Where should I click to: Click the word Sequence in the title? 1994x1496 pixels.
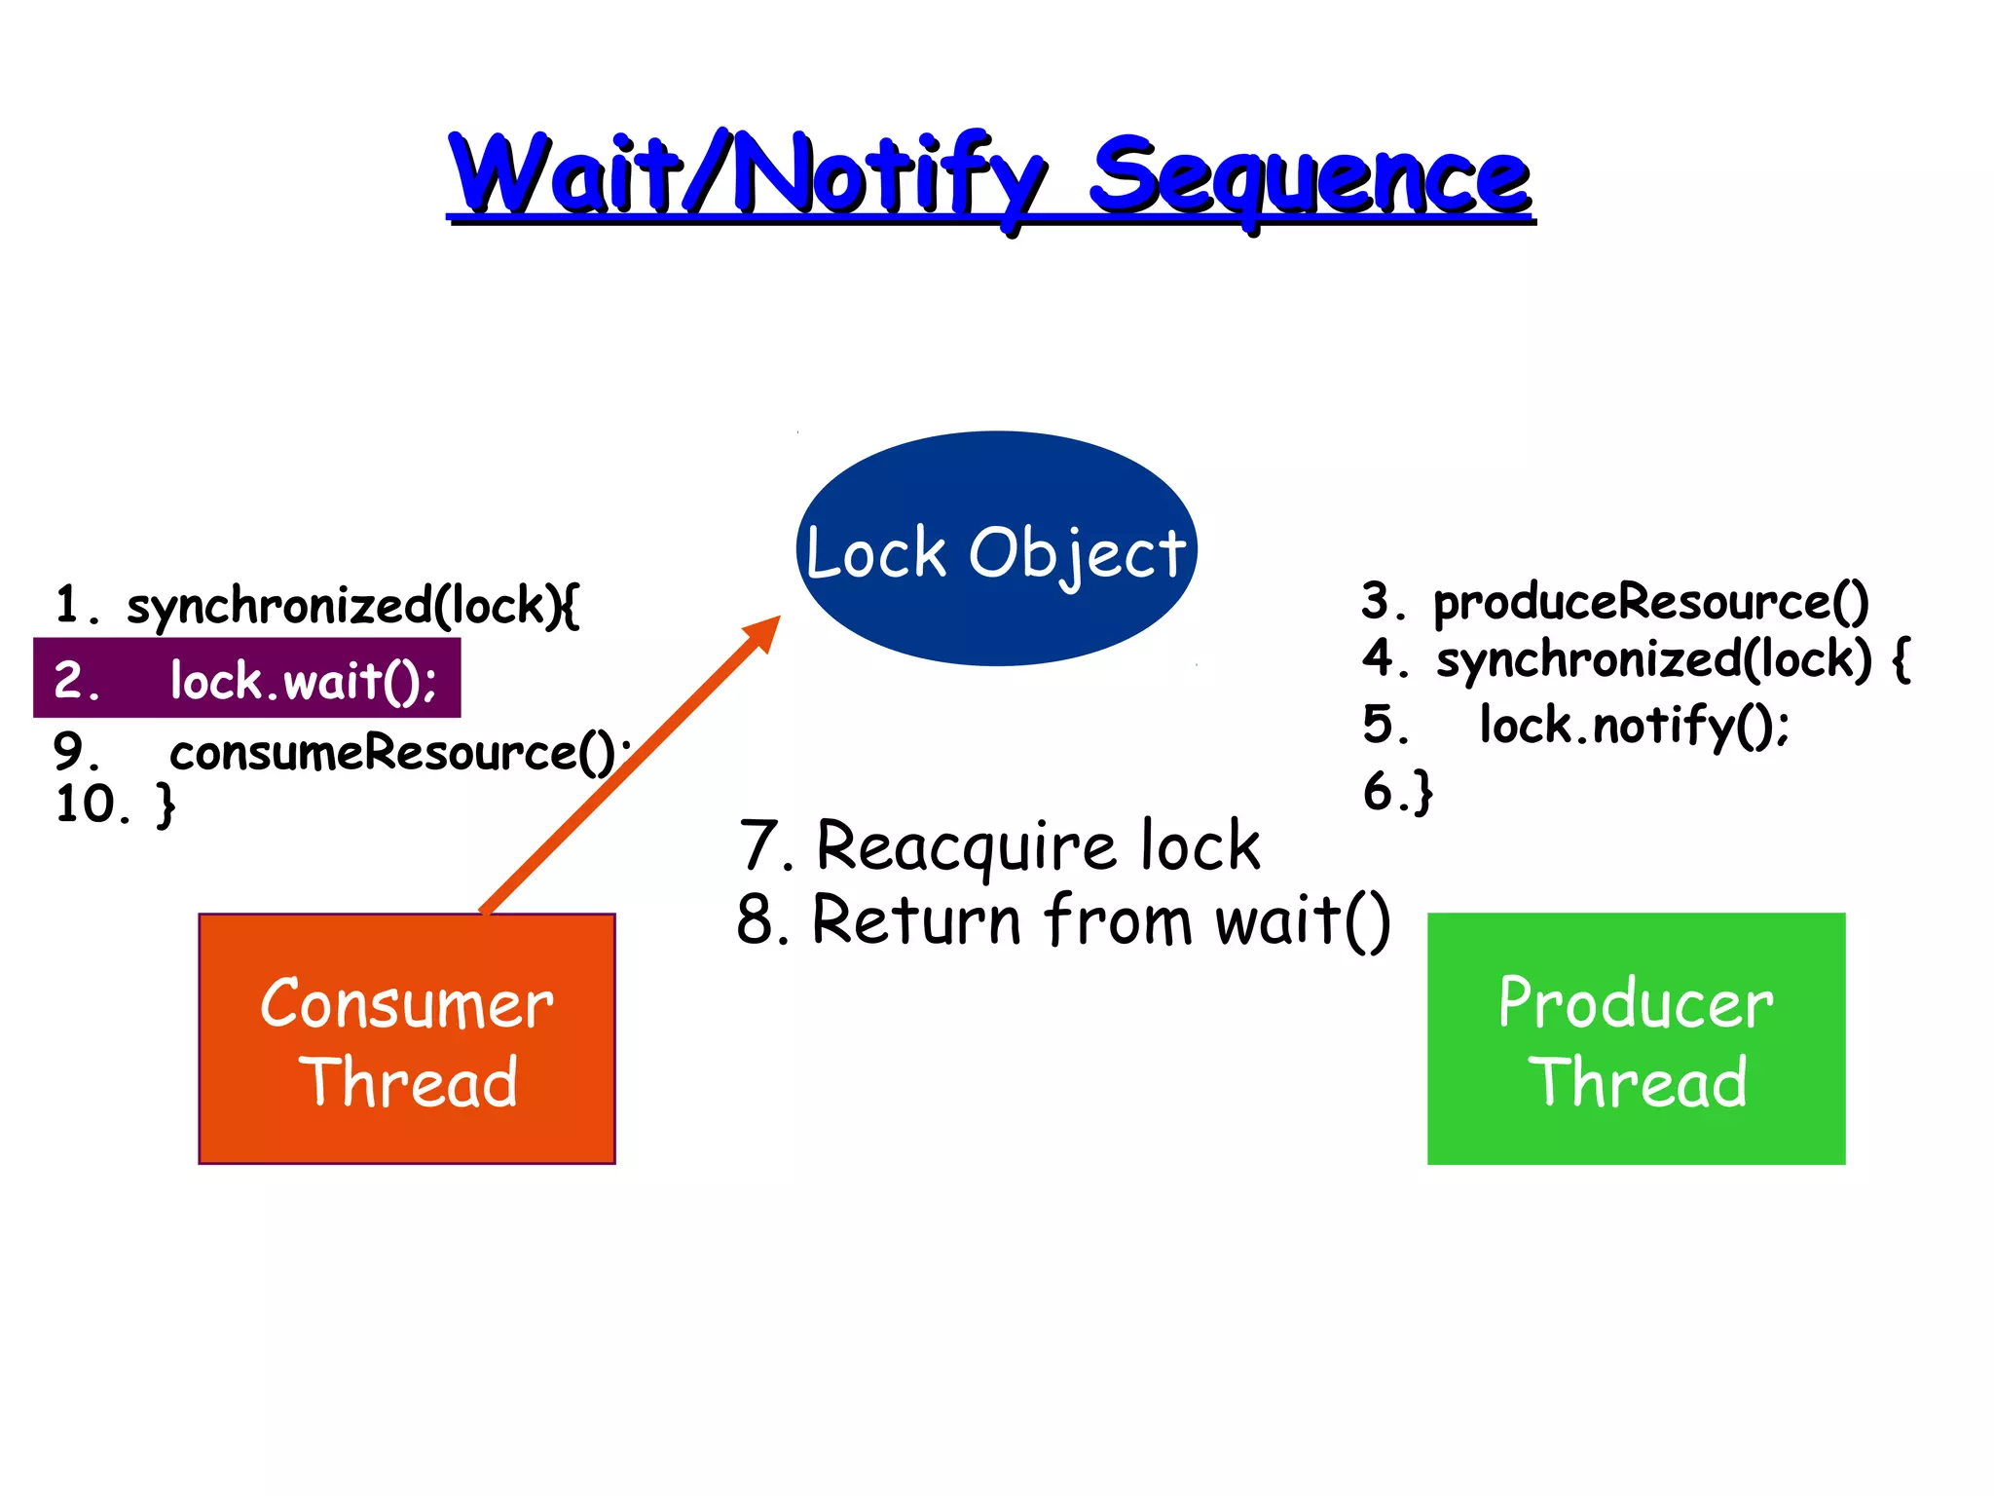click(x=1310, y=177)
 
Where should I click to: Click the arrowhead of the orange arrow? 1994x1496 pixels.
click(x=763, y=634)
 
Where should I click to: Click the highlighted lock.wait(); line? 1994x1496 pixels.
click(x=247, y=679)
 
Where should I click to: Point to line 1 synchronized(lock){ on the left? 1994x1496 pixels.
click(x=317, y=606)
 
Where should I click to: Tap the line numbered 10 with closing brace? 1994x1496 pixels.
click(x=115, y=805)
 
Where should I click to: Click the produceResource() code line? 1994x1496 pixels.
click(x=1615, y=602)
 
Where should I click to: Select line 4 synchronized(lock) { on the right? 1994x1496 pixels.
click(x=1636, y=659)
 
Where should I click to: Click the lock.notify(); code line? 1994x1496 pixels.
click(x=1577, y=726)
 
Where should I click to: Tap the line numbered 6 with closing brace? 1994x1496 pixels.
click(x=1398, y=790)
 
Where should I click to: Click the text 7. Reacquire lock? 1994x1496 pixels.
click(x=999, y=845)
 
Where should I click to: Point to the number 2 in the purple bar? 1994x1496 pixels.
click(x=70, y=679)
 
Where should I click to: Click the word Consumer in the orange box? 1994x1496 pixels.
click(x=407, y=1004)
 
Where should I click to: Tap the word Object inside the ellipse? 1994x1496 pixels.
click(x=1077, y=553)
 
